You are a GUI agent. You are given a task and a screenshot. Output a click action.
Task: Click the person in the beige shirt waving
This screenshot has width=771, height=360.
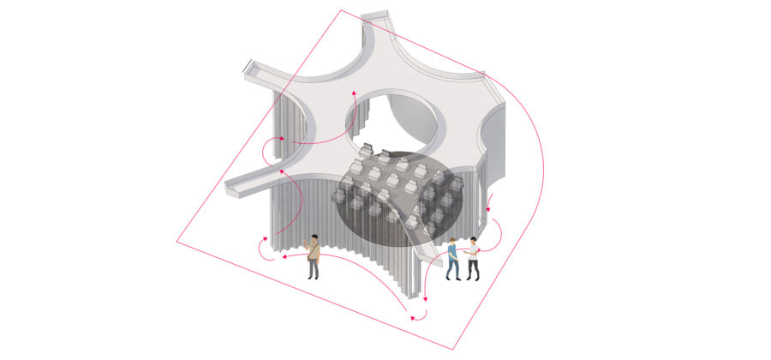(x=314, y=256)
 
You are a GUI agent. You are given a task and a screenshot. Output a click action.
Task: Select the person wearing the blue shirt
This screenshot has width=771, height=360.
(x=452, y=259)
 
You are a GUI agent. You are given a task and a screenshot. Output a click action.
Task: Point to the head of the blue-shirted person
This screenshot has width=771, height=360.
(x=451, y=243)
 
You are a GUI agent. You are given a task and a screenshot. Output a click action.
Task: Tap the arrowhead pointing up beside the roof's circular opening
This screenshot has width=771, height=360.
(x=350, y=92)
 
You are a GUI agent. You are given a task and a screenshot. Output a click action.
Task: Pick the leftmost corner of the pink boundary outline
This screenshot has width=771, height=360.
(x=177, y=241)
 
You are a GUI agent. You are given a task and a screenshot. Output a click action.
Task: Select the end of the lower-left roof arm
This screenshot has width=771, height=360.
(x=230, y=188)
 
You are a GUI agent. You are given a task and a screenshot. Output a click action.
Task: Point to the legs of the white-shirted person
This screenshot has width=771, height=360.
(x=473, y=269)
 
